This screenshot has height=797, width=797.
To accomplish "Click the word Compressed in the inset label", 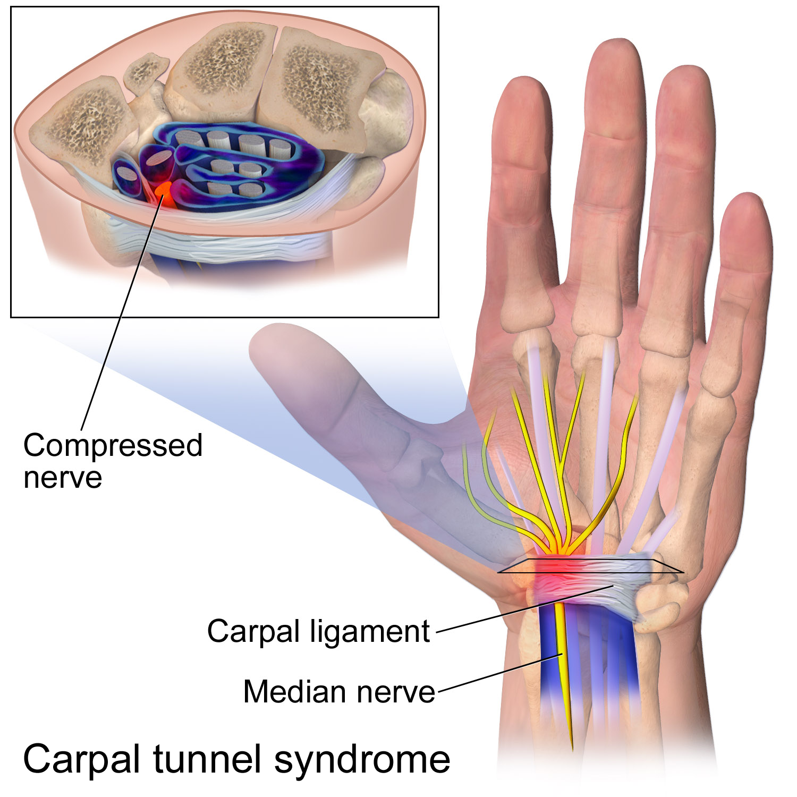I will pos(113,445).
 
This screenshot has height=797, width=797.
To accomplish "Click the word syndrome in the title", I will pos(362,760).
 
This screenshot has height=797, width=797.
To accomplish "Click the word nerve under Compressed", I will pos(63,477).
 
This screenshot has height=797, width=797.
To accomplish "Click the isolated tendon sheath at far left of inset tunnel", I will pos(126,175).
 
